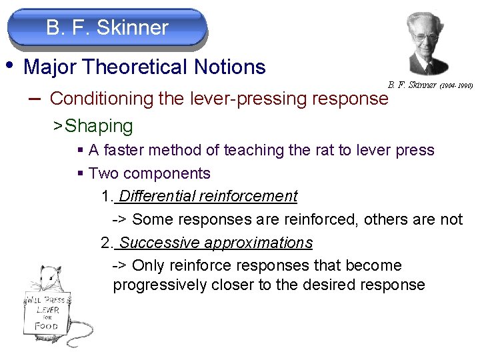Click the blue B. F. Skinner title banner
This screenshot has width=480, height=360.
tap(107, 28)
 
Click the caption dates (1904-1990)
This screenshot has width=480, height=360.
tap(457, 85)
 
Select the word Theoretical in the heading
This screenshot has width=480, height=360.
tap(137, 67)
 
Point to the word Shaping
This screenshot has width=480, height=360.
tap(99, 125)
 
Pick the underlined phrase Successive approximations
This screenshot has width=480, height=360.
tap(215, 243)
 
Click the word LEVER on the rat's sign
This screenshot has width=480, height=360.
tap(48, 311)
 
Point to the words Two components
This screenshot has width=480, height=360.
tap(149, 173)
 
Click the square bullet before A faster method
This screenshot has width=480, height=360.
tap(80, 151)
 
